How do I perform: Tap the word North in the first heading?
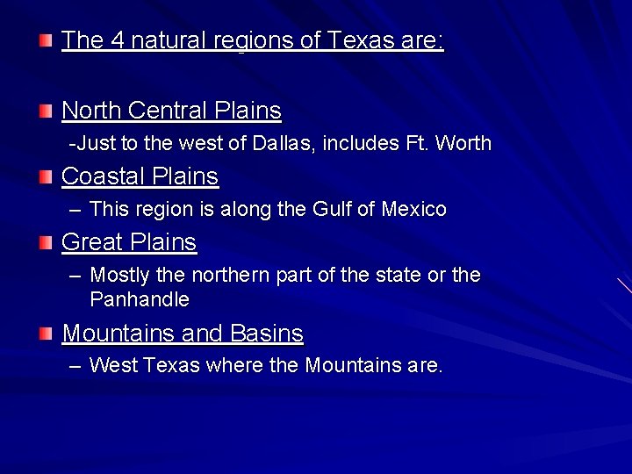[92, 111]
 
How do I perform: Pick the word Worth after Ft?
[463, 143]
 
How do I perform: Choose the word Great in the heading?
[91, 241]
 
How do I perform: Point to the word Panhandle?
[139, 299]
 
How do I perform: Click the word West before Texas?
[112, 365]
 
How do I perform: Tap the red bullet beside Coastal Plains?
[46, 176]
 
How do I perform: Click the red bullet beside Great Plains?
[46, 241]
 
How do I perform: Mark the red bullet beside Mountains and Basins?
[46, 334]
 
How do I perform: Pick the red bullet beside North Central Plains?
[46, 111]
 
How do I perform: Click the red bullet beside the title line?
[46, 40]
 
